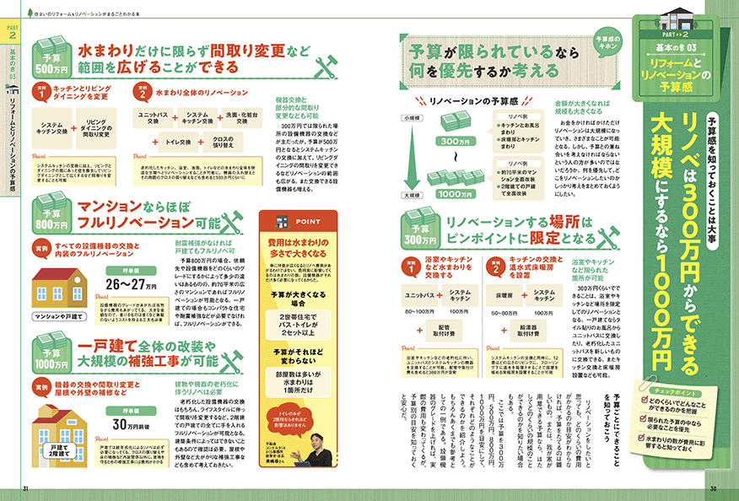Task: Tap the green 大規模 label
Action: (413, 195)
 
